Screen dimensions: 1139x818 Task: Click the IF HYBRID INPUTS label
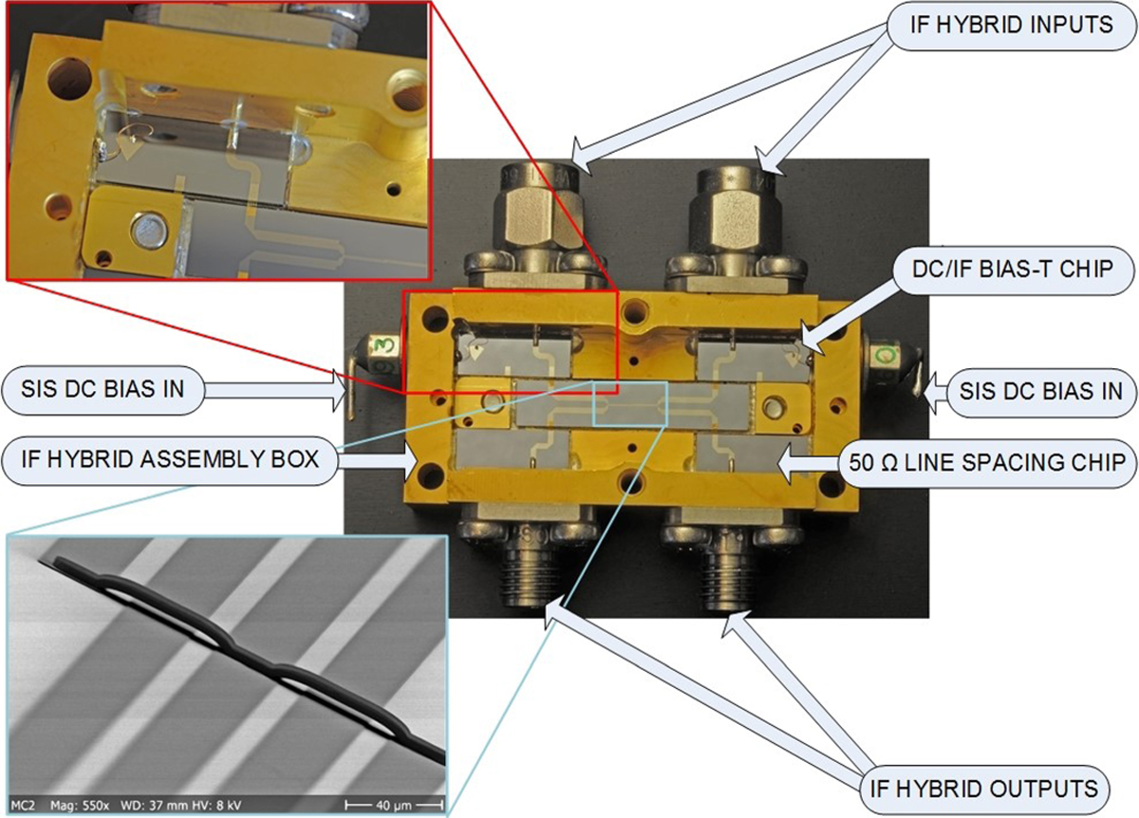pyautogui.click(x=1011, y=25)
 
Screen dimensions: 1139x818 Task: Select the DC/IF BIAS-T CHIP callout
pyautogui.click(x=1013, y=270)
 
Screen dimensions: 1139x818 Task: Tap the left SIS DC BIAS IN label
pyautogui.click(x=103, y=389)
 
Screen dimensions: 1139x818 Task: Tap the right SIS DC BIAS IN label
pyautogui.click(x=1040, y=391)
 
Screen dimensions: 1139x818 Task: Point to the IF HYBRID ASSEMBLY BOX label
pyautogui.click(x=170, y=459)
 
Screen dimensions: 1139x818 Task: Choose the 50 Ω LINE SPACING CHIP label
pyautogui.click(x=987, y=463)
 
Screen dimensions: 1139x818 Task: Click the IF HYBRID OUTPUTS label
pyautogui.click(x=984, y=789)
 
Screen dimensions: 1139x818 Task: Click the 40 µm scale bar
pyautogui.click(x=394, y=806)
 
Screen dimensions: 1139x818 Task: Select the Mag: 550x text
pyautogui.click(x=80, y=806)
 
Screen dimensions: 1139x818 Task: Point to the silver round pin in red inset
pyautogui.click(x=149, y=231)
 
